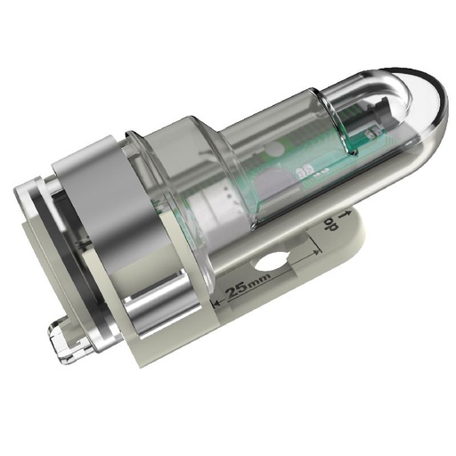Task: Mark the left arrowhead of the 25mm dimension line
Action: click(216, 305)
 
